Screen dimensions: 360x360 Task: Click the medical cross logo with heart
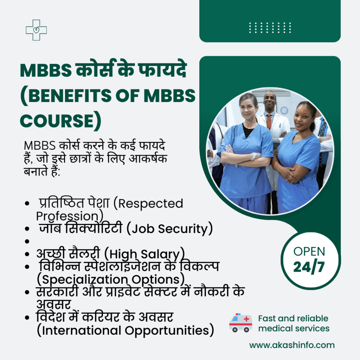pyautogui.click(x=36, y=30)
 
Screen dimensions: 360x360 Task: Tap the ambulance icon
pyautogui.click(x=240, y=323)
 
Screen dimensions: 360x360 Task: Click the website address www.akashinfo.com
pyautogui.click(x=292, y=345)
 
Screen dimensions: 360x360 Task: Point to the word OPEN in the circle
pyautogui.click(x=309, y=251)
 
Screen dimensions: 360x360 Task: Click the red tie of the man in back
pyautogui.click(x=269, y=121)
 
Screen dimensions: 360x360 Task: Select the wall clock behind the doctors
pyautogui.click(x=284, y=110)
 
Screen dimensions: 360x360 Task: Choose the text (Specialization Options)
pyautogui.click(x=111, y=279)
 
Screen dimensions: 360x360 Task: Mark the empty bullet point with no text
pyautogui.click(x=27, y=242)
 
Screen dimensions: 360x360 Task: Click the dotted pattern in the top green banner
pyautogui.click(x=270, y=27)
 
